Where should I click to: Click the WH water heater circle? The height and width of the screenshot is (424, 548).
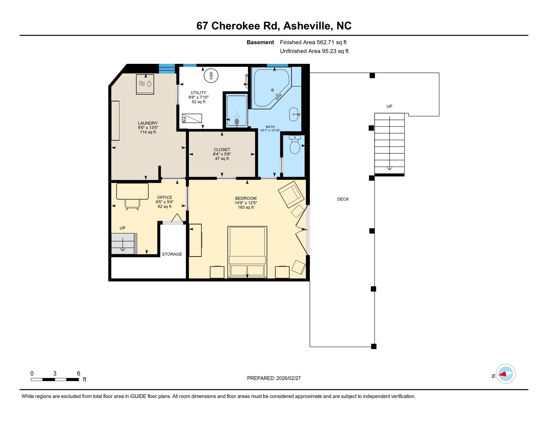tap(211, 75)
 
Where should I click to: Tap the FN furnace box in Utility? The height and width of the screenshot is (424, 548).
tap(192, 118)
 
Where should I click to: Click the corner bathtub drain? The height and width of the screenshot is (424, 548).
tap(272, 90)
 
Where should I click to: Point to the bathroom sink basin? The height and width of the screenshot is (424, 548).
tap(294, 114)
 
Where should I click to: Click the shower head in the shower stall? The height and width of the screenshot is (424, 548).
tap(237, 121)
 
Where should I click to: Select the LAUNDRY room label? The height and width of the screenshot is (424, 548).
tap(148, 123)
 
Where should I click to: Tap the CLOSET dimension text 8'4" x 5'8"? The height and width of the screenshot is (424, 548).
tap(222, 154)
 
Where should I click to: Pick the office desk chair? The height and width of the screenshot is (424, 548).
tap(132, 204)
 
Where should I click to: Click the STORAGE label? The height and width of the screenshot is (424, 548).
tap(172, 254)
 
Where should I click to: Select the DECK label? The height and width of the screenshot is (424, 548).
tap(343, 199)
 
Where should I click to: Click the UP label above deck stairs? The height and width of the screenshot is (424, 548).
tap(389, 106)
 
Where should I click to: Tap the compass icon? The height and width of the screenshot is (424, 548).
tap(506, 374)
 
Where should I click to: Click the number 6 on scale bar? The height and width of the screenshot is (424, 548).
tap(79, 373)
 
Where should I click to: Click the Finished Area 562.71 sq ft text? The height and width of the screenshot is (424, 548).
tap(313, 42)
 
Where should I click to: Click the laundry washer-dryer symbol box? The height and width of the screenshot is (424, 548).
tap(145, 84)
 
